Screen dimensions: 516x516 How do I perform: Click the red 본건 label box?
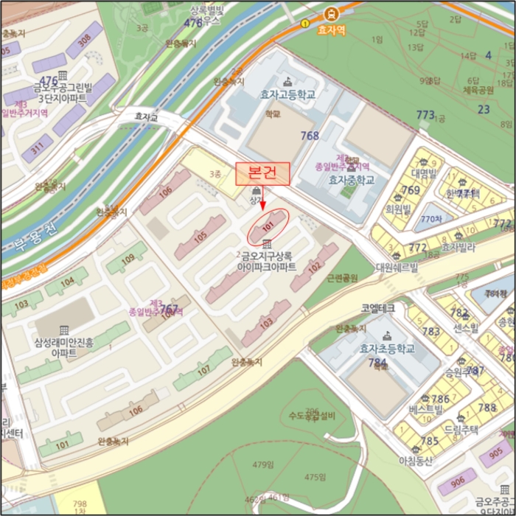tap(262, 173)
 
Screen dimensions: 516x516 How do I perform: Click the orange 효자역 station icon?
tap(332, 13)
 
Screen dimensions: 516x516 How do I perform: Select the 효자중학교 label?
tap(352, 180)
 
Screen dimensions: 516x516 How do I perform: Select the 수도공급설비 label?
tap(312, 416)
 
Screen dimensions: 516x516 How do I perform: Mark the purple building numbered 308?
tap(84, 41)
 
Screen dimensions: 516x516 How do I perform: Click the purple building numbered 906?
tap(457, 482)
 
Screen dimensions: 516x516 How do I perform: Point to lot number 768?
tap(310, 136)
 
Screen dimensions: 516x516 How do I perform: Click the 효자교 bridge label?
tap(147, 116)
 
